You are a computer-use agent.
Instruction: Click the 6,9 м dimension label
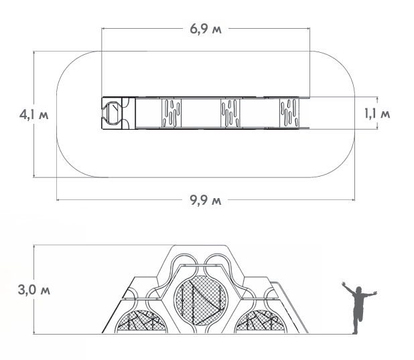pos(206,29)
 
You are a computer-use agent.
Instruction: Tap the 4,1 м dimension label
pos(33,114)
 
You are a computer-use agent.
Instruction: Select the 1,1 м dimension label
pos(377,114)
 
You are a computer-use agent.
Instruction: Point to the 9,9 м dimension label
pos(206,201)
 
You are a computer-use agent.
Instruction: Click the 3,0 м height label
pos(33,290)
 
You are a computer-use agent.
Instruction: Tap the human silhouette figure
pos(359,308)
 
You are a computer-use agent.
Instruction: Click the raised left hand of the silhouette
pos(344,284)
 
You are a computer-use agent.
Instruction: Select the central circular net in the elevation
pos(201,300)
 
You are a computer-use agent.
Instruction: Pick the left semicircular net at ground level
pos(141,321)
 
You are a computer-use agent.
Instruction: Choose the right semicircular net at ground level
pos(261,321)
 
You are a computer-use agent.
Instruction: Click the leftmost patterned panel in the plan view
pos(171,113)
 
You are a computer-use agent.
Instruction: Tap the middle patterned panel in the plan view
pos(230,113)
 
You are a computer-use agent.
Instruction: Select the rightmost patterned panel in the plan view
pos(289,113)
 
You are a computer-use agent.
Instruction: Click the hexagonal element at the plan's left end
pos(112,113)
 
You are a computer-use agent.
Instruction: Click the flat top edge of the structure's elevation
pos(200,246)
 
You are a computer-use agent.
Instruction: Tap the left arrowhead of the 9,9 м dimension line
pos(58,200)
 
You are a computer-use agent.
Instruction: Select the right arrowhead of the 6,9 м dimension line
pos(308,28)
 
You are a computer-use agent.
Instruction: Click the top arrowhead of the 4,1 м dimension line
pos(33,52)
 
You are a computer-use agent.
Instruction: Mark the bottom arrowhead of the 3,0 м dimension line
pos(33,333)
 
